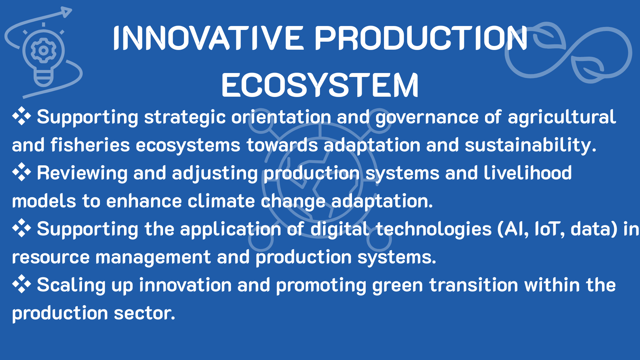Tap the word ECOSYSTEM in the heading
pos(320,85)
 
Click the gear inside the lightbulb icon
pos(43,50)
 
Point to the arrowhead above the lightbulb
pos(66,12)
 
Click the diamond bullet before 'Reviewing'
pos(21,172)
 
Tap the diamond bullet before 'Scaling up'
pos(21,284)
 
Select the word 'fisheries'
pos(90,145)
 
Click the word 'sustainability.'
pos(530,146)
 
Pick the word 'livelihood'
pos(528,173)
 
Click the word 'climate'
pos(221,201)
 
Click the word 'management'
pos(153,258)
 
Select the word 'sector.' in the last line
pos(144,313)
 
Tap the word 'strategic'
pos(185,118)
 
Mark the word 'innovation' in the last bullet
pos(185,285)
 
